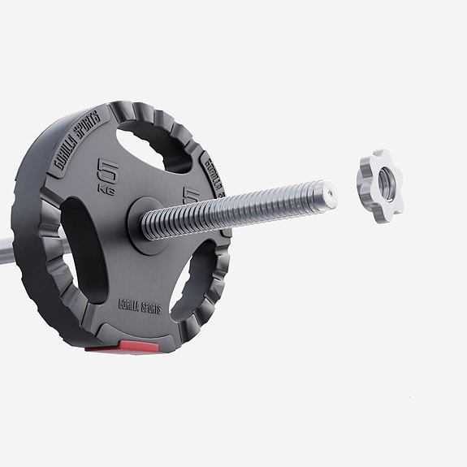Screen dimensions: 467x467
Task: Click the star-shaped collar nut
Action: tap(379, 186)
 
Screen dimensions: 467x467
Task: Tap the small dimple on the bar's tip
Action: tap(327, 193)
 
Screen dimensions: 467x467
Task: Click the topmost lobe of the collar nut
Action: tap(376, 155)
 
